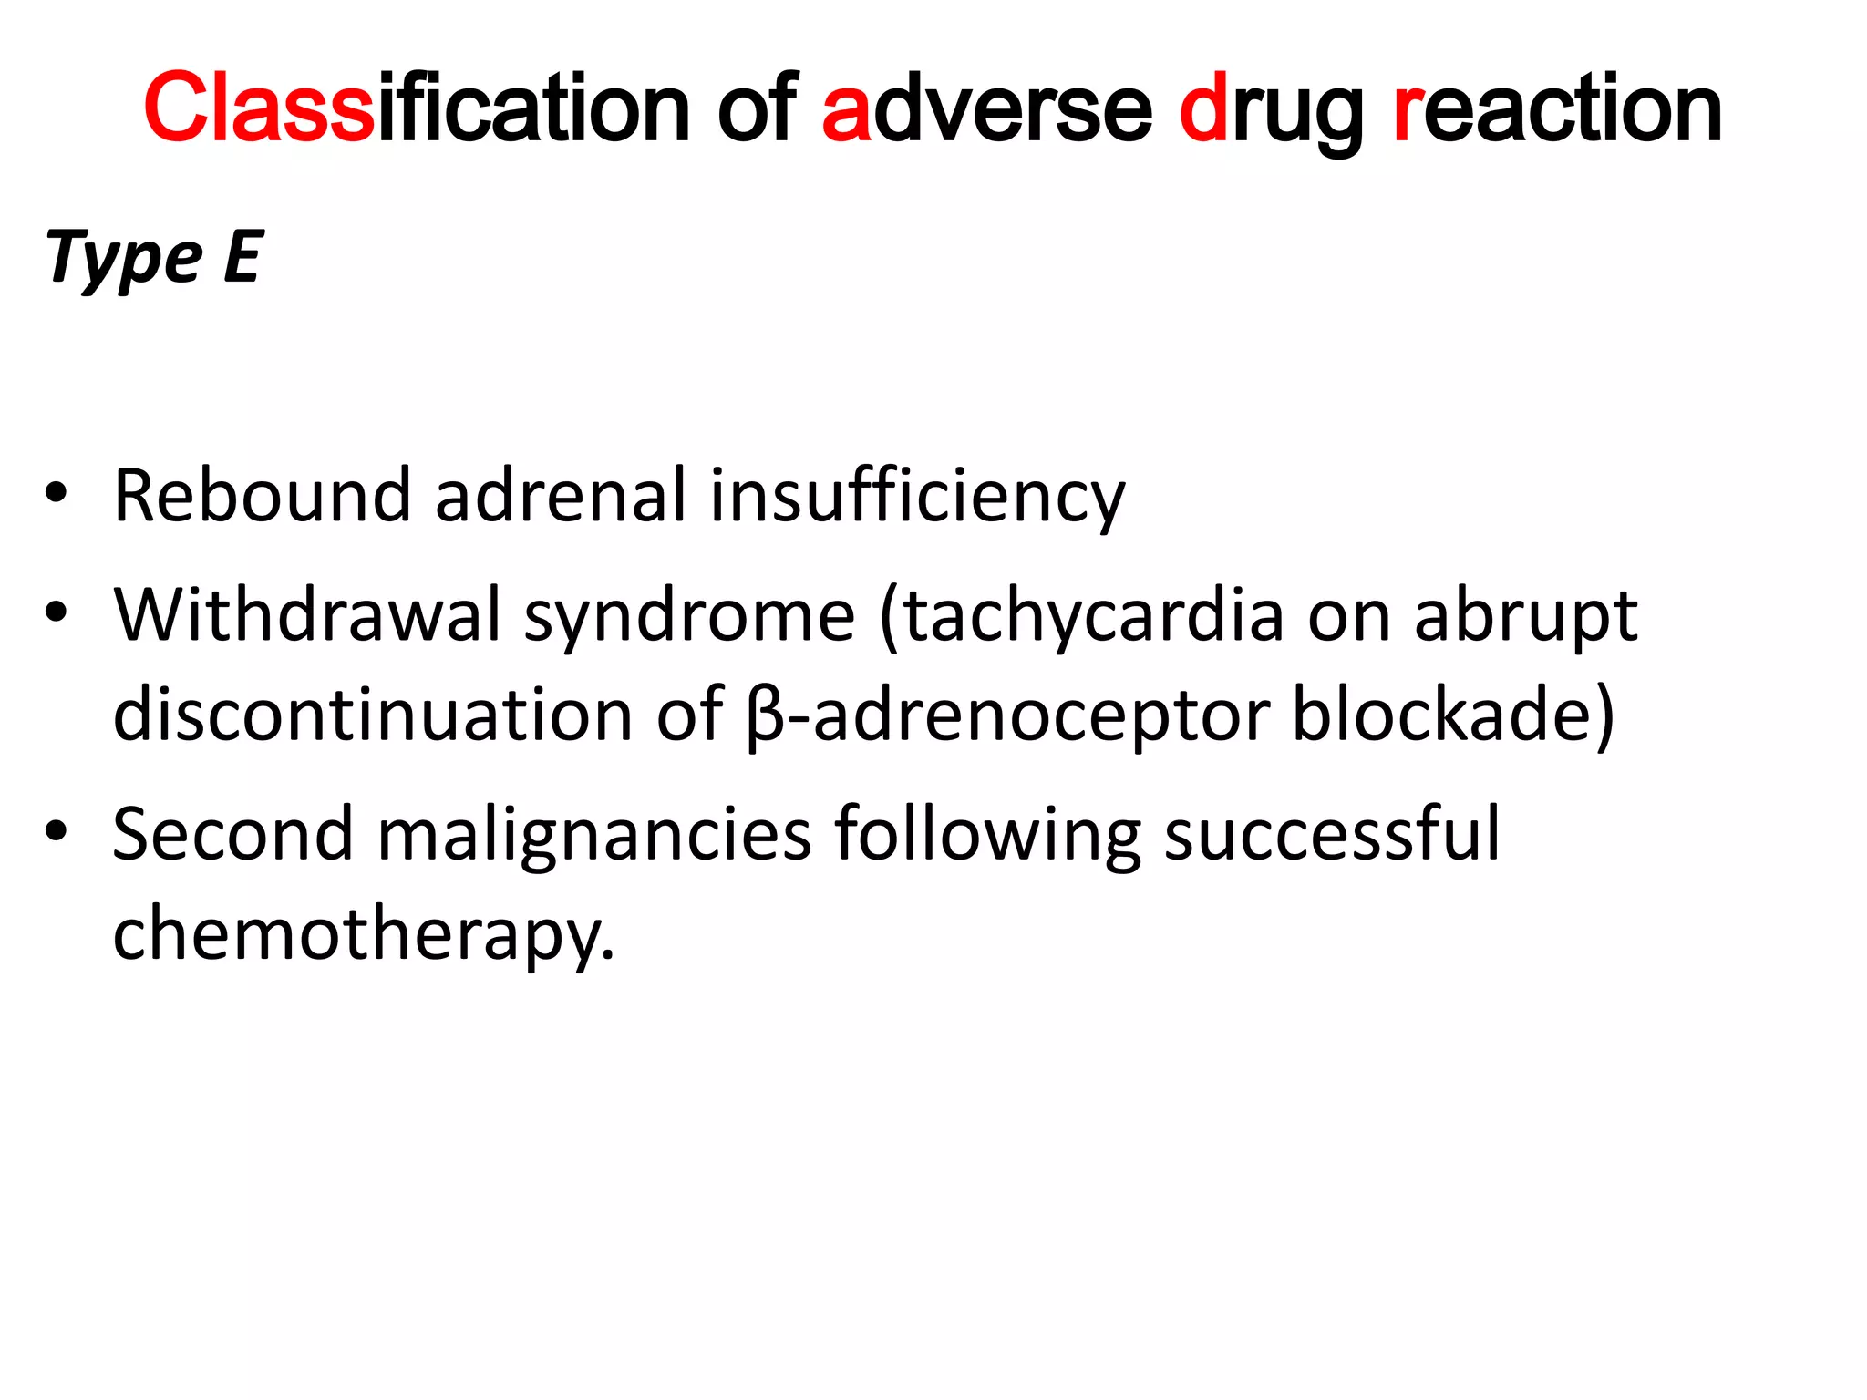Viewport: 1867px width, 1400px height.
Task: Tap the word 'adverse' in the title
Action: pyautogui.click(x=986, y=109)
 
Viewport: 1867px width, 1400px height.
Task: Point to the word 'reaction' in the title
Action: pyautogui.click(x=1557, y=109)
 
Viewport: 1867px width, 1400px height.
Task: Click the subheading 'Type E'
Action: pyautogui.click(x=154, y=259)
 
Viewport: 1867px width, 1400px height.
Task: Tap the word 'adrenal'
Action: pyautogui.click(x=560, y=496)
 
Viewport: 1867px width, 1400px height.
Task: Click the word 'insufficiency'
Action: pyautogui.click(x=917, y=498)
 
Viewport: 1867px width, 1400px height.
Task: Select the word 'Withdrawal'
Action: pyautogui.click(x=307, y=616)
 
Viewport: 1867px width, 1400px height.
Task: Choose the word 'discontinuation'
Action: pyautogui.click(x=372, y=715)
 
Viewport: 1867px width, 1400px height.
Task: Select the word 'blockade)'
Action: pyautogui.click(x=1453, y=716)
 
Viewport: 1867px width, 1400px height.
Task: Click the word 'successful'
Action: pyautogui.click(x=1331, y=835)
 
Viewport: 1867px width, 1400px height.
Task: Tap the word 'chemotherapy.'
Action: pyautogui.click(x=364, y=935)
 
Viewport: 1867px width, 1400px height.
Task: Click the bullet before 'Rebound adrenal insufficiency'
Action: pyautogui.click(x=56, y=494)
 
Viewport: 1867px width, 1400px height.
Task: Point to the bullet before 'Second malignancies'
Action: pyautogui.click(x=56, y=832)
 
